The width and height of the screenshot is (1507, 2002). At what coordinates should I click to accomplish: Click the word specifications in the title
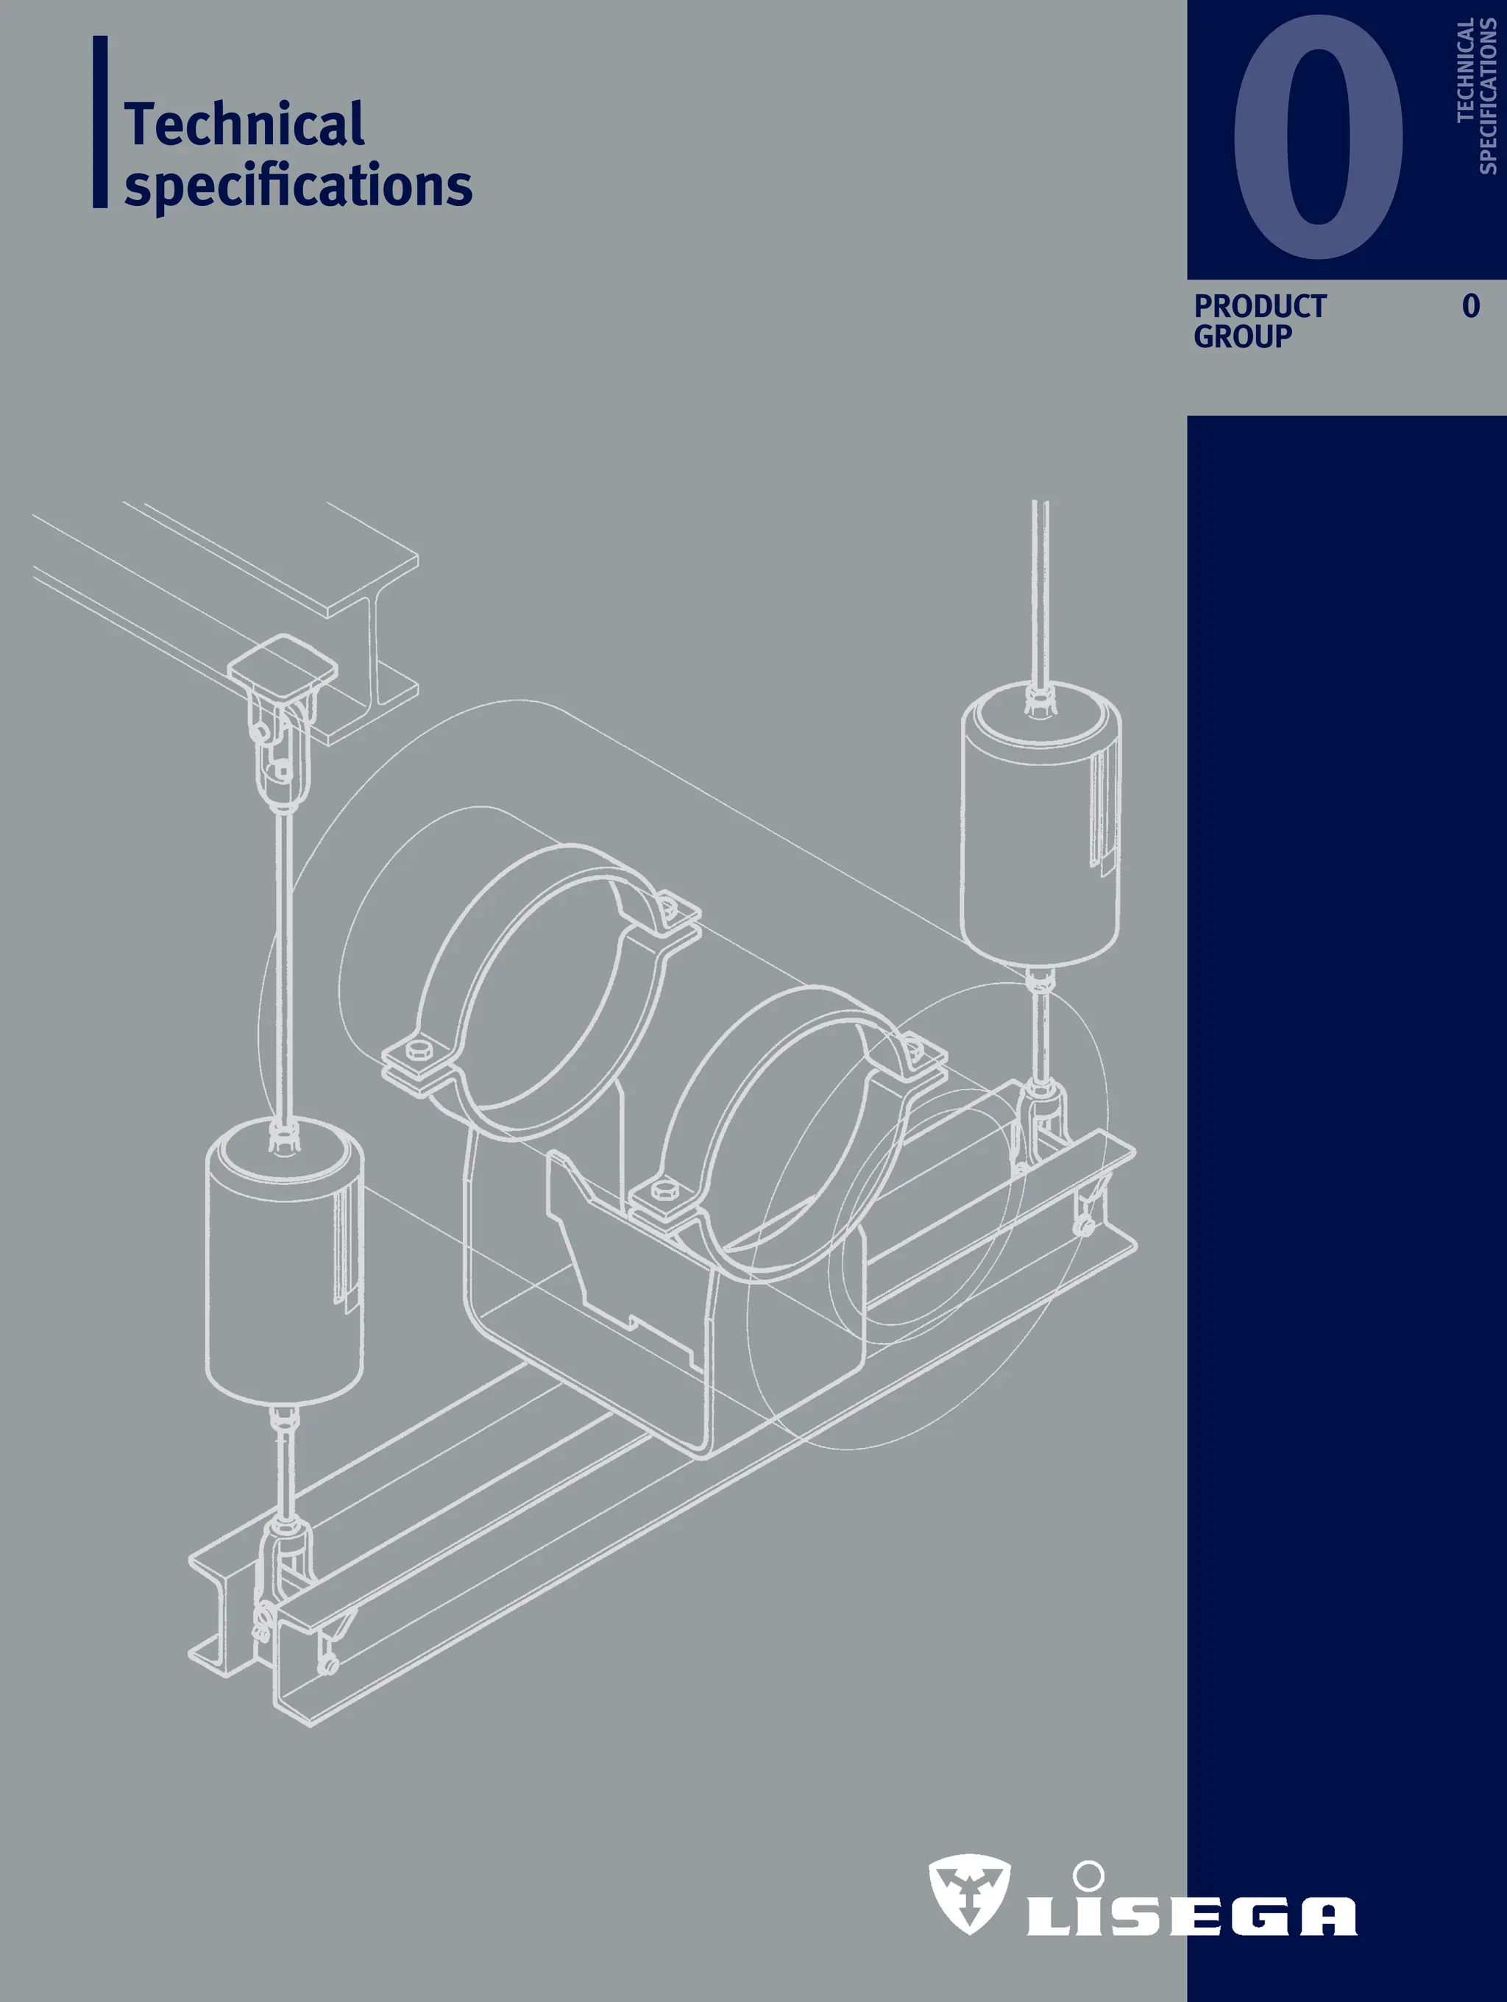coord(298,185)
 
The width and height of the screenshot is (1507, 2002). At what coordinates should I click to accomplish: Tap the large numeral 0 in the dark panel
coord(1318,138)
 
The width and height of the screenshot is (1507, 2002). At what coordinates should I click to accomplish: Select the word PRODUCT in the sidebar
coord(1259,306)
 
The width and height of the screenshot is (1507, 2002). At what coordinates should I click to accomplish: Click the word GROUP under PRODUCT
coord(1242,337)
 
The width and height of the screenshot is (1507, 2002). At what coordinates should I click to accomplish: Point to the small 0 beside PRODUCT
coord(1471,306)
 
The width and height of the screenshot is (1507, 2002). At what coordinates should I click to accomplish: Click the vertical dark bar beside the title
coord(101,122)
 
